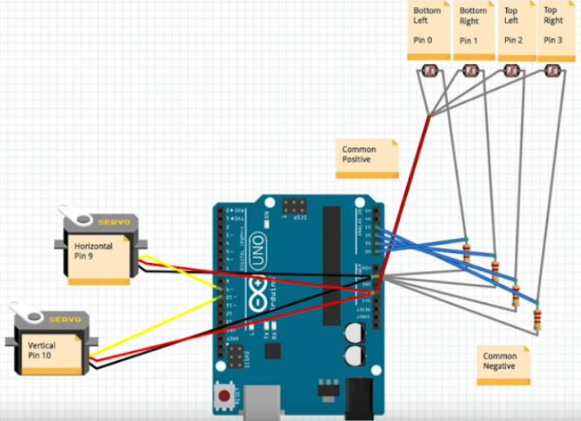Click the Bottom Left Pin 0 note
(427, 30)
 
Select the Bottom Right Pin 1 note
(474, 30)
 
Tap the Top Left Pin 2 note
(516, 30)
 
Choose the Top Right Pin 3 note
(557, 30)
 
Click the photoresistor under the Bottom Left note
(429, 72)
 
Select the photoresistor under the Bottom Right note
(471, 72)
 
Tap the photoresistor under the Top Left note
(512, 72)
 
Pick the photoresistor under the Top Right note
(552, 72)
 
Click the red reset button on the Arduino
(223, 398)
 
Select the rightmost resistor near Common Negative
(537, 319)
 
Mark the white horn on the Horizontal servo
(78, 218)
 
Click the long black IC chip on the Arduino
(331, 264)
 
